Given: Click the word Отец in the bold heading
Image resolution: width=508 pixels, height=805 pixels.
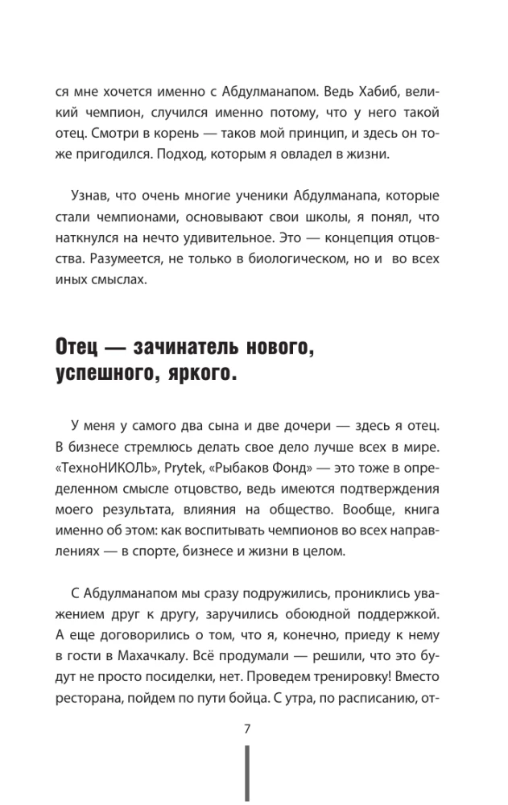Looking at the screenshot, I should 77,349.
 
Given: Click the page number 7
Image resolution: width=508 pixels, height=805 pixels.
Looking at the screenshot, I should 248,729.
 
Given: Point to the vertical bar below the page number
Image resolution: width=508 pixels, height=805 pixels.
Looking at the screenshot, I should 247,774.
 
